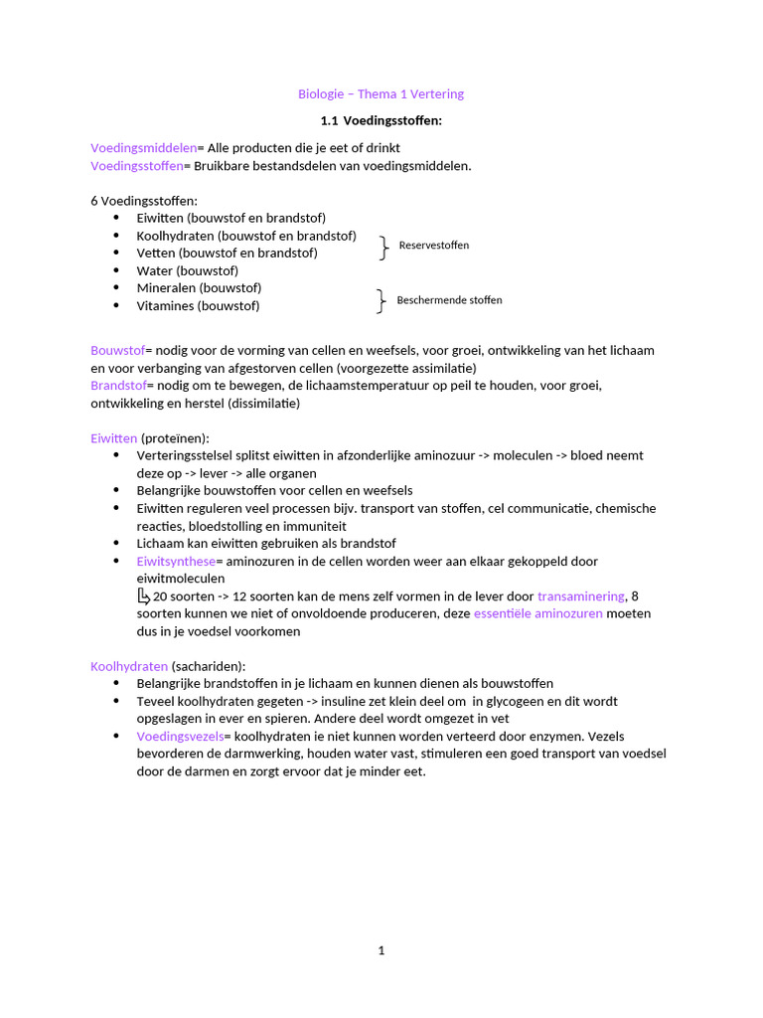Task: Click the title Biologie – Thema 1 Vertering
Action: point(381,94)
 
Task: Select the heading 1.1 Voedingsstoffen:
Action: point(381,120)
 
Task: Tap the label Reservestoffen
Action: point(434,246)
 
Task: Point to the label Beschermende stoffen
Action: point(449,300)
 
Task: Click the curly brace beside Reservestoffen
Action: point(383,248)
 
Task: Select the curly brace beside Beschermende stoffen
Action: point(381,301)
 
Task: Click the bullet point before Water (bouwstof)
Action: point(116,270)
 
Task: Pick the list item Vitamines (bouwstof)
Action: point(198,306)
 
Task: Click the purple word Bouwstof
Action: point(117,350)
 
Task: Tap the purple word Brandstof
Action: point(118,385)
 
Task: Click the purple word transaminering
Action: point(581,596)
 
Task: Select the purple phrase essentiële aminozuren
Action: point(537,613)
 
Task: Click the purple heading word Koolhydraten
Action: point(129,666)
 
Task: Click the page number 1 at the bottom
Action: point(381,950)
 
